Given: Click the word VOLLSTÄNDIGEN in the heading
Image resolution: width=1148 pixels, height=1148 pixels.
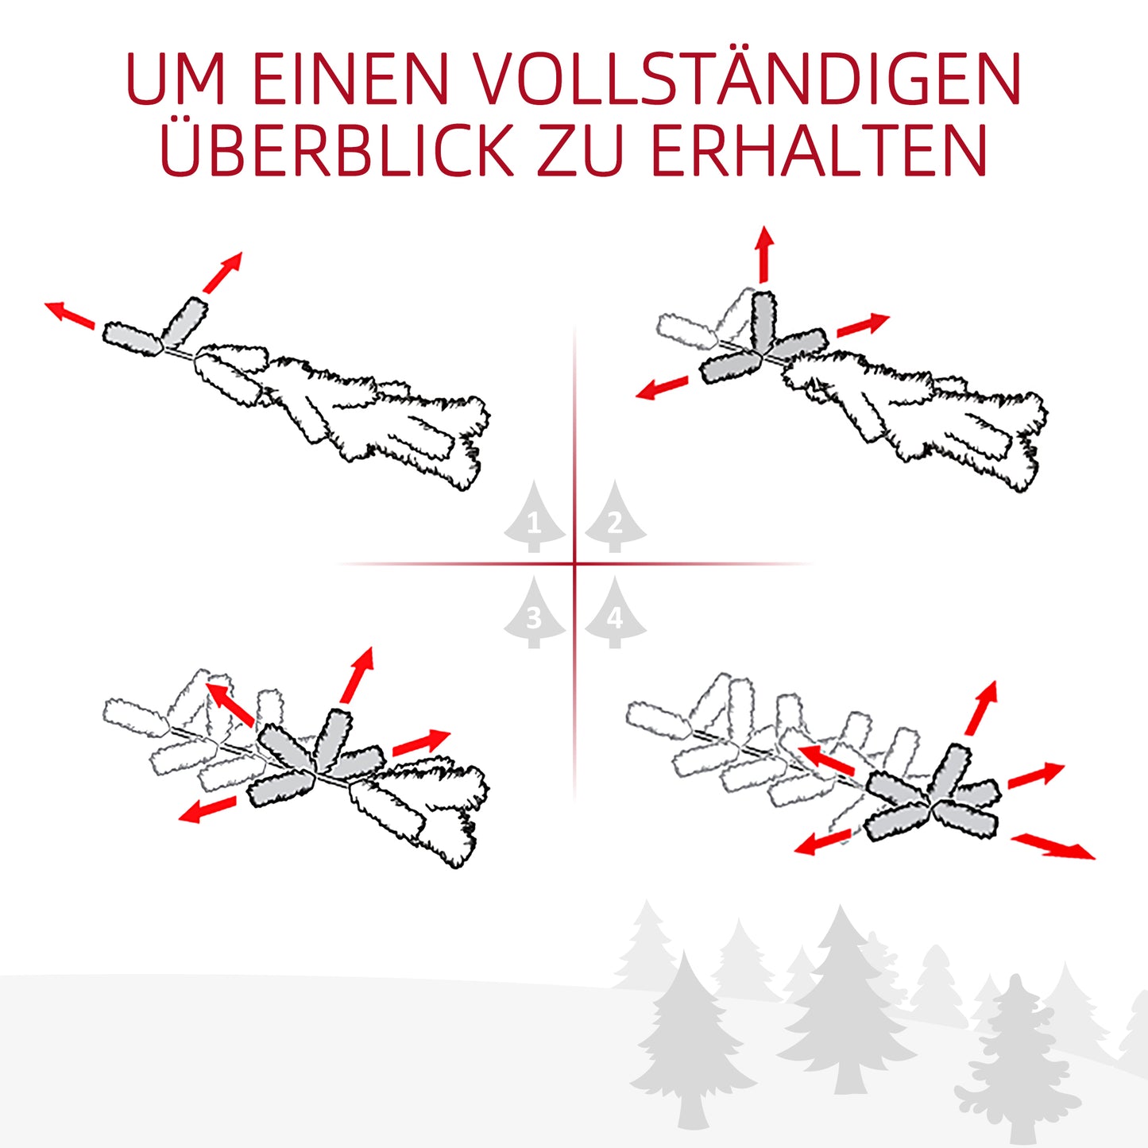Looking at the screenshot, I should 748,79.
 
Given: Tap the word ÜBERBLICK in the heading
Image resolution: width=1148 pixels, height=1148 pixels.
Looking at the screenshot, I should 337,151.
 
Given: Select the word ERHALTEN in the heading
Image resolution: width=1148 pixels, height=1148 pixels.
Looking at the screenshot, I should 819,151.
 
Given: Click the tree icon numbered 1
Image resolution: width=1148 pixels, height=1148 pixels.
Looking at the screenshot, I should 534,520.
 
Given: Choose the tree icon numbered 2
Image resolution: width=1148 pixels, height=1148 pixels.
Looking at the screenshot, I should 615,520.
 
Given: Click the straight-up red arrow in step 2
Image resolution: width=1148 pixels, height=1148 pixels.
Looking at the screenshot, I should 764,253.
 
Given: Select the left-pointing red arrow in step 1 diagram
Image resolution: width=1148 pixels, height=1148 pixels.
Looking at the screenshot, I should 69,314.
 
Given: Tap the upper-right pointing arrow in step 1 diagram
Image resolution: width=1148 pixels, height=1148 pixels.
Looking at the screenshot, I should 222,273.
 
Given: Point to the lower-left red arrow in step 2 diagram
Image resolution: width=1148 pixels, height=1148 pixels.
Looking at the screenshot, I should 662,388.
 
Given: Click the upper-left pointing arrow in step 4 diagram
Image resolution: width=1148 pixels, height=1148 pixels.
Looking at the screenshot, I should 826,760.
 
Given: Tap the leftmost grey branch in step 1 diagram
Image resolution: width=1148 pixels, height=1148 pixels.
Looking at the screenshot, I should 132,338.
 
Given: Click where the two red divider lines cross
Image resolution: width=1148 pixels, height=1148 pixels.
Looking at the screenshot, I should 574,564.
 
